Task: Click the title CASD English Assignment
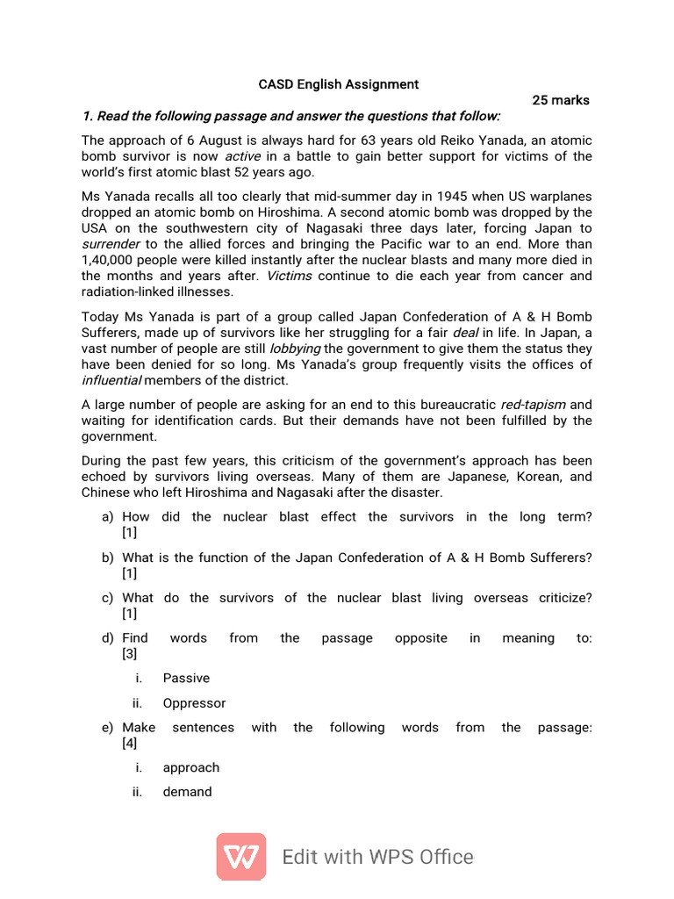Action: (x=338, y=85)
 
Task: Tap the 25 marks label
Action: (x=561, y=100)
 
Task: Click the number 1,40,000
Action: (x=110, y=260)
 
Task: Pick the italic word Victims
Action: (x=290, y=276)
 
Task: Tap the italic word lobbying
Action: (x=295, y=349)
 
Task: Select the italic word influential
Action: (x=111, y=380)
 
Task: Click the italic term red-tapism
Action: (x=533, y=405)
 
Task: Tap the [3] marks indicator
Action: (x=130, y=654)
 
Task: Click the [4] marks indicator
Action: (x=130, y=744)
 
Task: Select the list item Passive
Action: (x=186, y=678)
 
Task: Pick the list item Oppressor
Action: (x=194, y=703)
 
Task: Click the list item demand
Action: (x=187, y=792)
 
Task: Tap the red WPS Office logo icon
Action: (x=241, y=857)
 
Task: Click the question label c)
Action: (x=108, y=598)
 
